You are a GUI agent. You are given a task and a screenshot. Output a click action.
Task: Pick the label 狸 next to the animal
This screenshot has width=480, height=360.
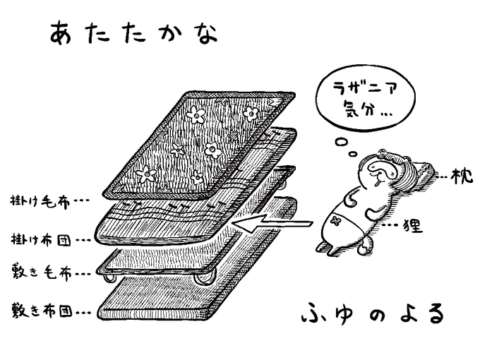click(416, 226)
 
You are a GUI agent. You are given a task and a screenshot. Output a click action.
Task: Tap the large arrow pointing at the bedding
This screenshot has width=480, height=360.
click(272, 225)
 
